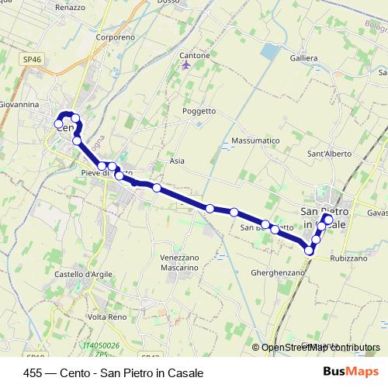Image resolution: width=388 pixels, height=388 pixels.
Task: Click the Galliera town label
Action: [x=282, y=58]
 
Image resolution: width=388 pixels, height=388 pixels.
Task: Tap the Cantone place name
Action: [x=194, y=56]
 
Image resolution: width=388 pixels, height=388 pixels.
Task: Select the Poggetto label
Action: [x=199, y=111]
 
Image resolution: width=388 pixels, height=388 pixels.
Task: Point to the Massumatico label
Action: [x=255, y=141]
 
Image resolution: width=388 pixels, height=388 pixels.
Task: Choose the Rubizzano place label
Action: [x=348, y=258]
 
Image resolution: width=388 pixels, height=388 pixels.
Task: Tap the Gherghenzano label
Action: [x=276, y=273]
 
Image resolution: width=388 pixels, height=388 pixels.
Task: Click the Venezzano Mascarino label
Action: [x=180, y=262]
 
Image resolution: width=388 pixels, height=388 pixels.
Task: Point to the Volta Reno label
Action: [x=108, y=317]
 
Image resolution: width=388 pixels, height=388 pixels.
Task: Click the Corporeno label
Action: [x=116, y=36]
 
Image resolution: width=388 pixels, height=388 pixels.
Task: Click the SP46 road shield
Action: [x=31, y=58]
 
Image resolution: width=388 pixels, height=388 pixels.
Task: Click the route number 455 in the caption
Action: [x=33, y=372]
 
